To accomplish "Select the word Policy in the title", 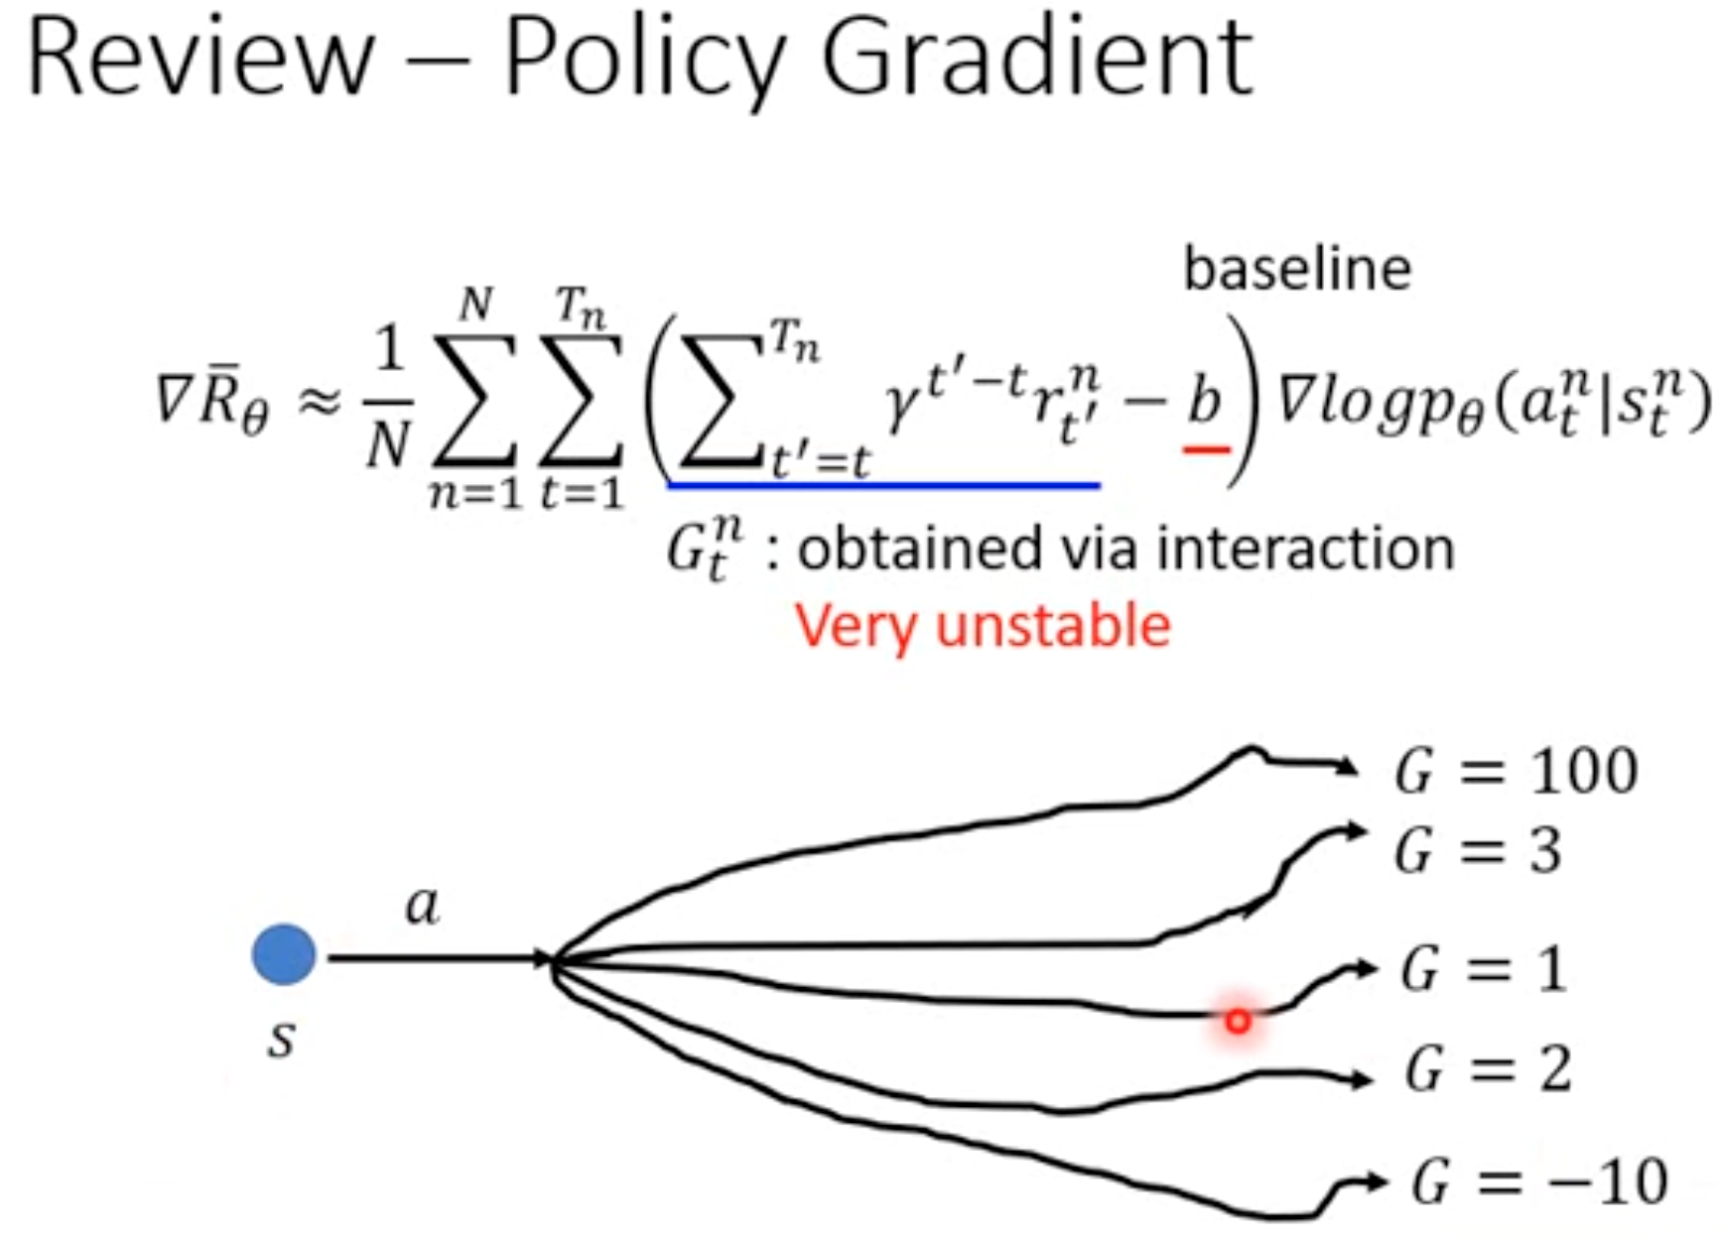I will coord(645,62).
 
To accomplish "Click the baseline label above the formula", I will coord(1297,269).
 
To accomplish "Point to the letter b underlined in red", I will coord(1205,402).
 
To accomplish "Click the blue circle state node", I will coord(284,954).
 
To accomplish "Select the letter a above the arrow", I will coord(423,905).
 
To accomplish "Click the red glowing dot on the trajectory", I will coord(1237,1020).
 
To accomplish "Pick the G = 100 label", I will coord(1516,771).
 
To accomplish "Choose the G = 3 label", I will coord(1478,851).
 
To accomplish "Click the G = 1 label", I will coord(1484,969).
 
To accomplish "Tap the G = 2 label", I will coord(1488,1069).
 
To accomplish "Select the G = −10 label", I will coord(1539,1181).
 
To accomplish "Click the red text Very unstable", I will coord(983,627).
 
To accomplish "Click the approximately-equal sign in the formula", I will coord(320,403).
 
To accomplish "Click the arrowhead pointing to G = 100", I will coord(1348,766).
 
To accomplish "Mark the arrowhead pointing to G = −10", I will coord(1376,1180).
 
